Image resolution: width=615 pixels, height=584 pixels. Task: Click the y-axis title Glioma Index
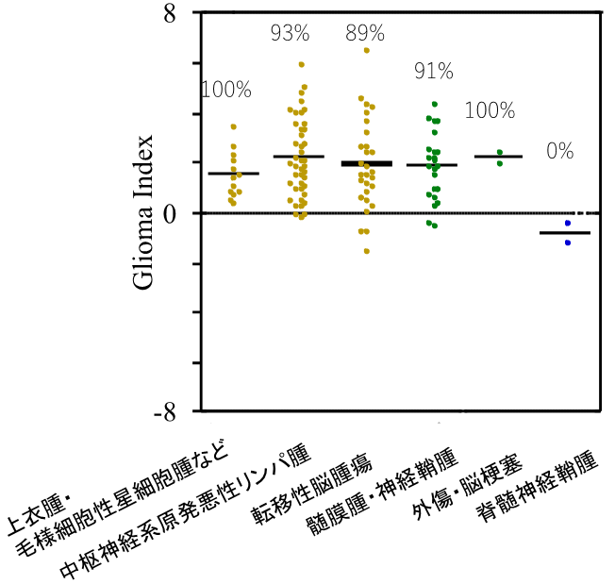click(x=141, y=213)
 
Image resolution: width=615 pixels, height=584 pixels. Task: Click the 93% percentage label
click(x=290, y=34)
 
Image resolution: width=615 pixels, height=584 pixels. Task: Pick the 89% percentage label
click(x=365, y=34)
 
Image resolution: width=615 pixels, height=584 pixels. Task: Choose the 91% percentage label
click(x=434, y=71)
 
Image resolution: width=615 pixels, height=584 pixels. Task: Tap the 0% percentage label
click(x=559, y=150)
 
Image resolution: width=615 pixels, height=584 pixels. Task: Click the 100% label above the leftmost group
click(x=226, y=90)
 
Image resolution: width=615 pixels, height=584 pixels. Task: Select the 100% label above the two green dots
click(x=490, y=110)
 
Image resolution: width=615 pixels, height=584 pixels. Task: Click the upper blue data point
click(x=568, y=224)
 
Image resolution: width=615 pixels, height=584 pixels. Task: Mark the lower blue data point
click(x=568, y=242)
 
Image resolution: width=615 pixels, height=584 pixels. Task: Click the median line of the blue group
click(x=564, y=233)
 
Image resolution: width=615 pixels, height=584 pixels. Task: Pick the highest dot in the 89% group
click(x=367, y=50)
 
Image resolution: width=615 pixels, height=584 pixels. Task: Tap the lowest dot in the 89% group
click(x=366, y=251)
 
